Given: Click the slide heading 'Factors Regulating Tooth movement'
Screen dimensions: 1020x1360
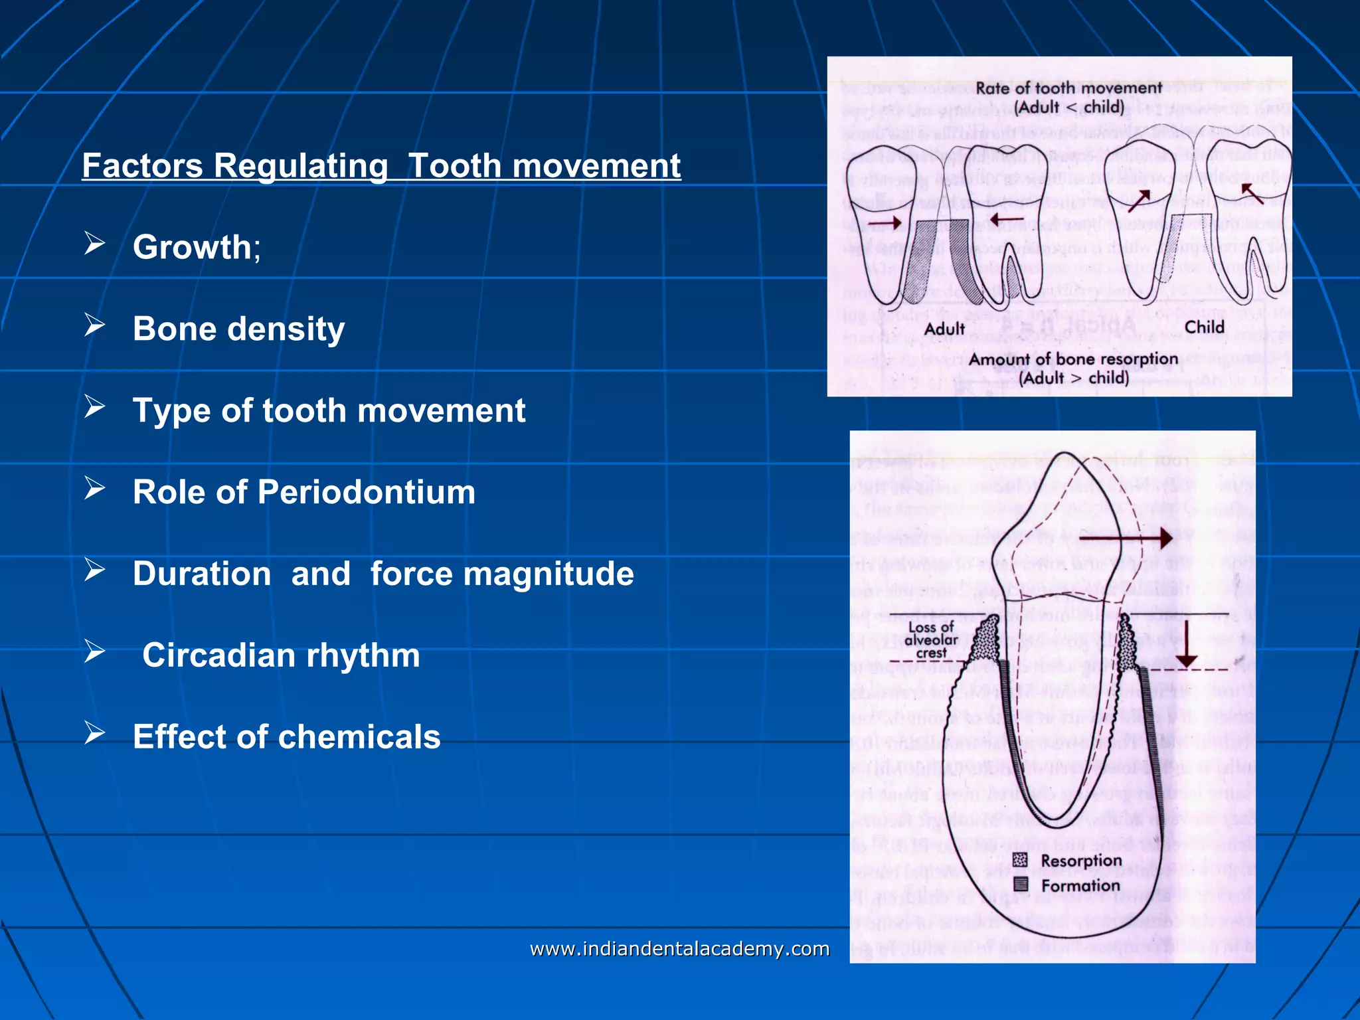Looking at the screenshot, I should click(x=381, y=165).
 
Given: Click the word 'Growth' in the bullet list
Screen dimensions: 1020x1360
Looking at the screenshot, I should click(x=192, y=247).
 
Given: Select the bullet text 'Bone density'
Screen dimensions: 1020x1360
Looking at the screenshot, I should click(x=238, y=329).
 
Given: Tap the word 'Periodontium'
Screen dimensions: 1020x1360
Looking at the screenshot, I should click(x=366, y=492).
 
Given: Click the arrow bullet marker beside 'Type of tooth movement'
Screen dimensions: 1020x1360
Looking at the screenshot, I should click(x=95, y=407).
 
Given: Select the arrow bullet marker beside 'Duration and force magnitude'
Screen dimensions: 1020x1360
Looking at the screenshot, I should click(x=95, y=570).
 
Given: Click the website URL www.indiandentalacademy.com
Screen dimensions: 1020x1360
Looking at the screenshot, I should click(x=679, y=949).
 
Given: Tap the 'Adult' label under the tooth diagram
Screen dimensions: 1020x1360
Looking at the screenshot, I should click(x=944, y=329).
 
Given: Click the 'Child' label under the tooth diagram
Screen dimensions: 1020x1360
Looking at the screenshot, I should click(x=1204, y=327).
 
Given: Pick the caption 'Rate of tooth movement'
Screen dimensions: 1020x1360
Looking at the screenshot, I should click(x=1068, y=88).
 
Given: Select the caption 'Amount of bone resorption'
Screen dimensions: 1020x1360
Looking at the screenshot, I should click(x=1073, y=359).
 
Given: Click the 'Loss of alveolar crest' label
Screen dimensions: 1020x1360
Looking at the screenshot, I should click(x=931, y=639).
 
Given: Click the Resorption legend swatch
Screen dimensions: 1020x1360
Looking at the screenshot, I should click(x=1021, y=860).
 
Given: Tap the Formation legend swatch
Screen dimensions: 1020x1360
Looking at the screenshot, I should click(x=1021, y=884).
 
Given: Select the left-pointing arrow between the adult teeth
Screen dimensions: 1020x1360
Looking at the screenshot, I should click(x=1006, y=218).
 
